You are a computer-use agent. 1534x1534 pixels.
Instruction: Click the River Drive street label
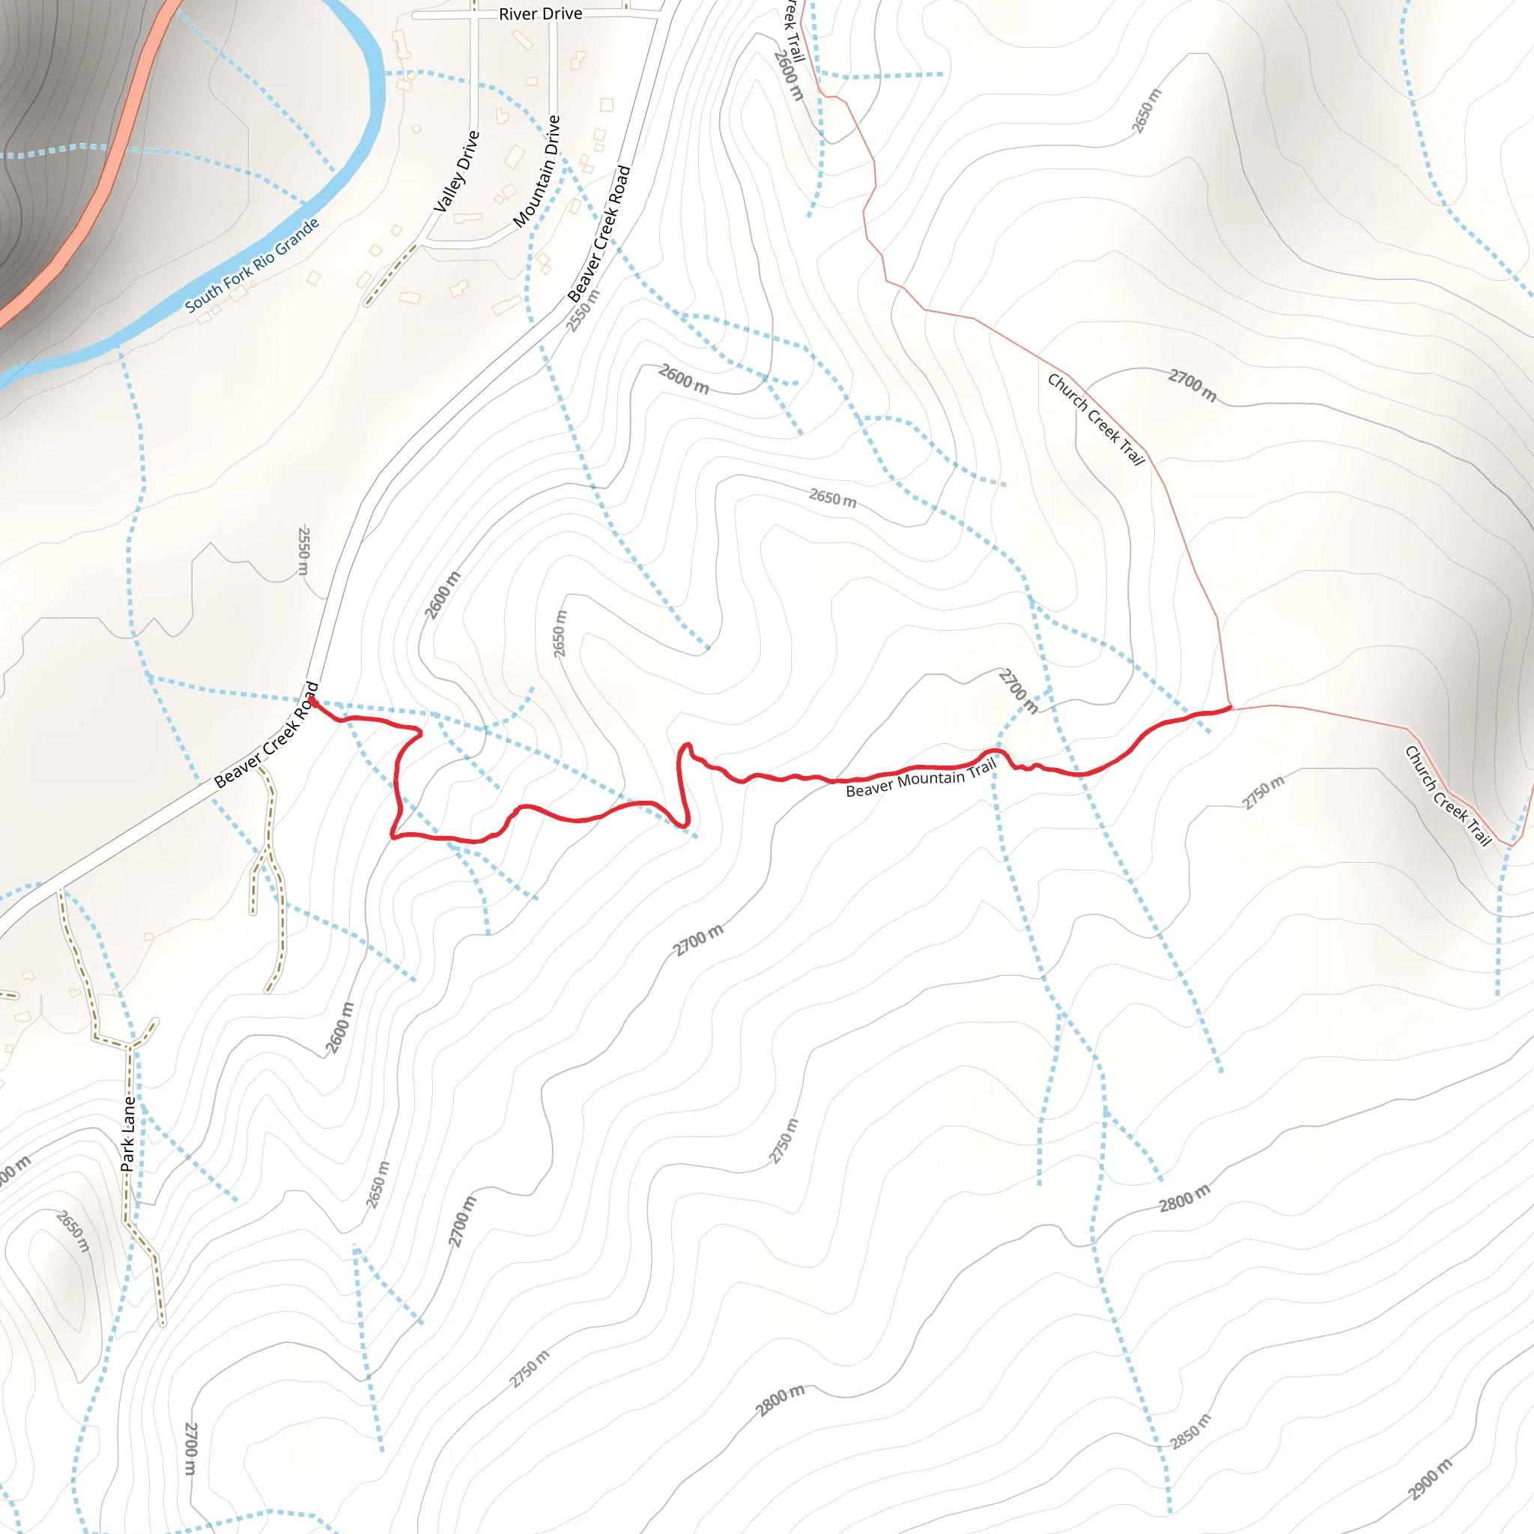540,14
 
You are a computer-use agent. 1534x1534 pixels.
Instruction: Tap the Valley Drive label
457,172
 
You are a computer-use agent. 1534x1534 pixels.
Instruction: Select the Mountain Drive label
537,172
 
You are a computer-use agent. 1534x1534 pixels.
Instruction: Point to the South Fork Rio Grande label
252,264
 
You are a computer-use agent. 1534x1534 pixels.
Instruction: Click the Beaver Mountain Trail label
921,779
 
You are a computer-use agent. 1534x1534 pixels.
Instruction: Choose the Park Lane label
128,1134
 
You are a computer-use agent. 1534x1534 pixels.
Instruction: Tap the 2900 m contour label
1430,1479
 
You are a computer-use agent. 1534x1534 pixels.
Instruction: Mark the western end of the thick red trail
313,701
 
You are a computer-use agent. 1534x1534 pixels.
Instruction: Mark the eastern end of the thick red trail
1230,707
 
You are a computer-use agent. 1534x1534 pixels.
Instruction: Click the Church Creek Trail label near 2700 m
1096,419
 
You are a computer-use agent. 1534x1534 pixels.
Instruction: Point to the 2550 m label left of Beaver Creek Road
303,551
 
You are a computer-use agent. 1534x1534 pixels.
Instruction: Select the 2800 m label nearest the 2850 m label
1185,1198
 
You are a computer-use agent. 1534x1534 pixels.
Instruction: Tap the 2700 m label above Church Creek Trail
1192,385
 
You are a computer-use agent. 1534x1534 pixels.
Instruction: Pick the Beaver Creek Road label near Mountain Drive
599,234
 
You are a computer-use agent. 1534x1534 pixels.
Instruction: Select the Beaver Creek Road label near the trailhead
267,736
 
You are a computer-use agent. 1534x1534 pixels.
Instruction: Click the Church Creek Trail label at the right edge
1449,795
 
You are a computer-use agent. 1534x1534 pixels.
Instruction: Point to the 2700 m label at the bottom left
190,1449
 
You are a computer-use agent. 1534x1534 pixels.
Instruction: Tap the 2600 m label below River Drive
683,379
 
